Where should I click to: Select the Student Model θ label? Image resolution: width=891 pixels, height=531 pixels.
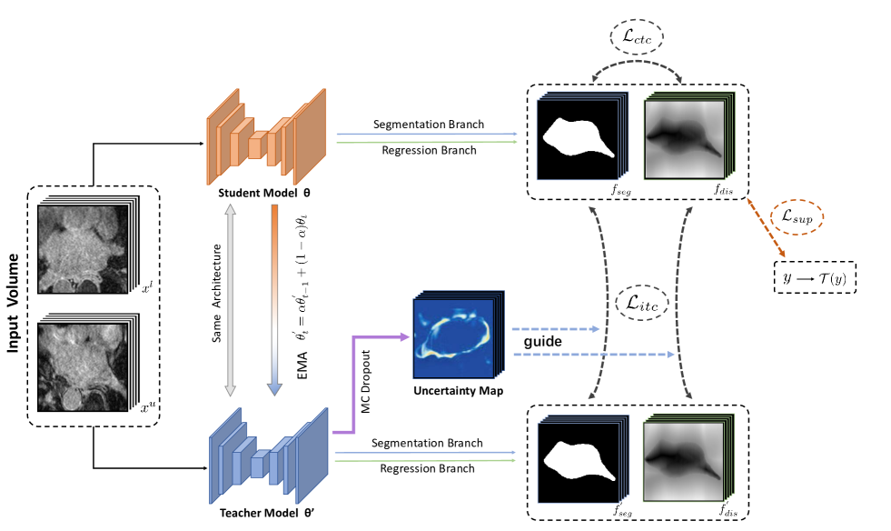click(x=261, y=194)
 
